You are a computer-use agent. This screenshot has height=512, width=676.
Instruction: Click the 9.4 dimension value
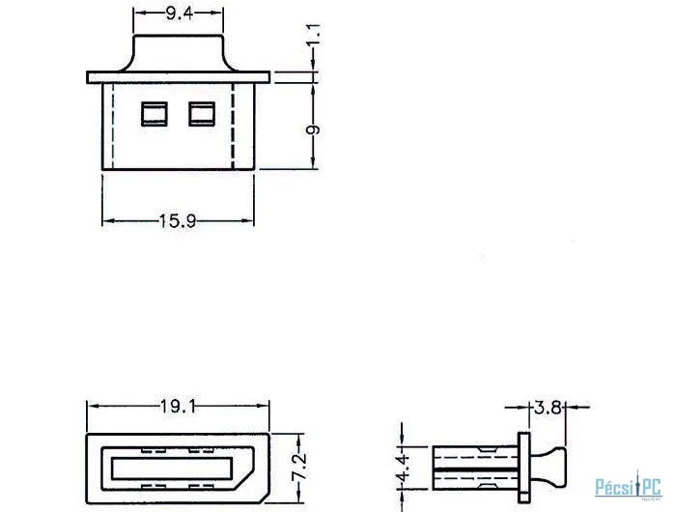(x=180, y=14)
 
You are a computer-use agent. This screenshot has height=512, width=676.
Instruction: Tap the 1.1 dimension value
(x=314, y=35)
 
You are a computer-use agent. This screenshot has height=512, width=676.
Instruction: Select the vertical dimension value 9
(x=314, y=129)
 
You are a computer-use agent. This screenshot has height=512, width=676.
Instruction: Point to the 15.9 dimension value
(x=178, y=221)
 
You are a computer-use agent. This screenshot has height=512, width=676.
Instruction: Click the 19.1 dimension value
(x=178, y=406)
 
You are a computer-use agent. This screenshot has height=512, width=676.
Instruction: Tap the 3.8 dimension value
(x=548, y=407)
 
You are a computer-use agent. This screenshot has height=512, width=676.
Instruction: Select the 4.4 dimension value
(x=403, y=468)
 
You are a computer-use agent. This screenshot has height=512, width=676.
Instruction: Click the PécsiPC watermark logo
(x=628, y=487)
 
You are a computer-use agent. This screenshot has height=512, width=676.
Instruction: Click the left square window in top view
(x=155, y=114)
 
